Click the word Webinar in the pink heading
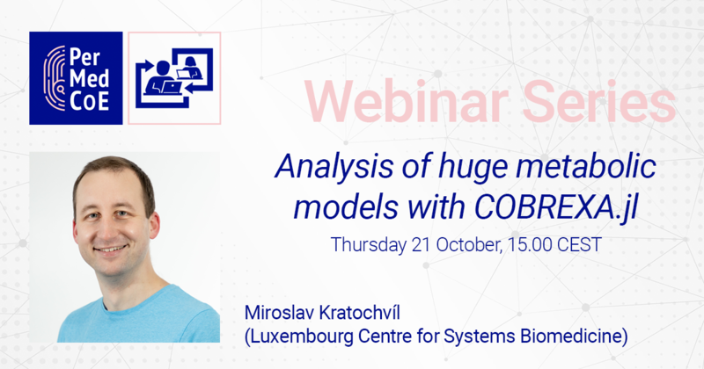point(407,101)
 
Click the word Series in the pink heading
point(599,101)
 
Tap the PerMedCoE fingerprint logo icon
point(55,78)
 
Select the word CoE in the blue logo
point(90,101)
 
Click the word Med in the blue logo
point(90,78)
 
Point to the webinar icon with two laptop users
point(174,78)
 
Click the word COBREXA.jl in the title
point(556,207)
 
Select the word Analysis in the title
point(334,167)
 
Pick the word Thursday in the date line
point(368,245)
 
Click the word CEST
point(579,245)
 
